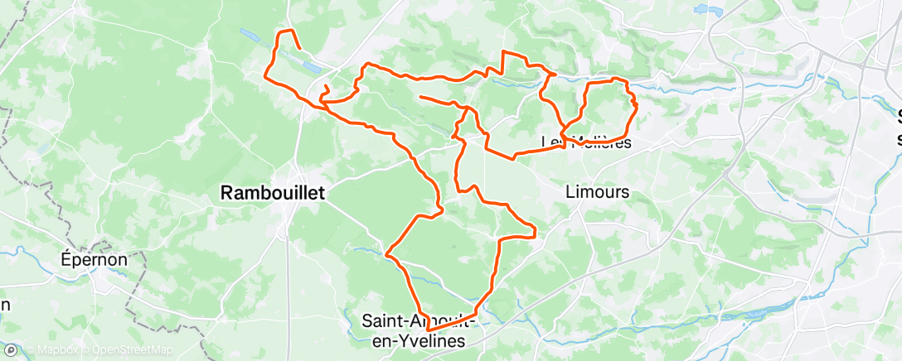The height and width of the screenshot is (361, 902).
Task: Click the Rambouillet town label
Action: pos(273,193)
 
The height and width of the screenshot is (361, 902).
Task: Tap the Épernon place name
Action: pos(95,259)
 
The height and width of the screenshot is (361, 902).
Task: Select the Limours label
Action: pos(596,192)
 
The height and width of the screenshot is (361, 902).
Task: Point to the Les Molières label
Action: pos(586,142)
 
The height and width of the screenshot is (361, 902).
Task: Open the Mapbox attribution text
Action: pos(56,350)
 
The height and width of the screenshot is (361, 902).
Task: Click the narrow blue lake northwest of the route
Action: pos(250,36)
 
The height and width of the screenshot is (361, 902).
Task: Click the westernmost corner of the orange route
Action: pos(265,77)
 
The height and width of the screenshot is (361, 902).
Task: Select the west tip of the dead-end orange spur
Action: pos(421,98)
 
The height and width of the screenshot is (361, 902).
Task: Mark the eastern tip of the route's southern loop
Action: pos(535,231)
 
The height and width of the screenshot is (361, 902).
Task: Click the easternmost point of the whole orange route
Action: pos(636,106)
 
